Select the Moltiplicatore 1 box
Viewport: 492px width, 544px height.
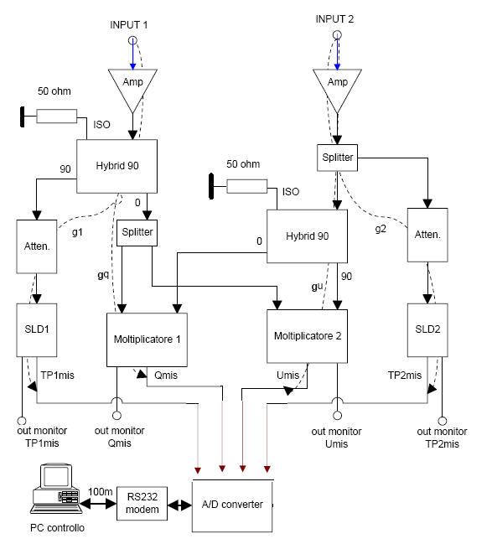(147, 339)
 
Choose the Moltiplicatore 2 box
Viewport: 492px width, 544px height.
(307, 336)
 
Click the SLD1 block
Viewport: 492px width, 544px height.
(36, 330)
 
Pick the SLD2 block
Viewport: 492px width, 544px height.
(427, 330)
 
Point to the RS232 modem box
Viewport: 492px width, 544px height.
(142, 504)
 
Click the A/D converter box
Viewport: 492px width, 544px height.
(232, 505)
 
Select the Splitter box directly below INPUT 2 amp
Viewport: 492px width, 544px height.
(337, 158)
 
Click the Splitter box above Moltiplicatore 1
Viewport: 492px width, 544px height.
(137, 233)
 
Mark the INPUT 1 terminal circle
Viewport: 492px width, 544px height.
(132, 40)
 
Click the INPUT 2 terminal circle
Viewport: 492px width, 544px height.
(337, 34)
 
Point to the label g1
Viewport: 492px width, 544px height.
(77, 232)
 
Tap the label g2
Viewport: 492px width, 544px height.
(381, 229)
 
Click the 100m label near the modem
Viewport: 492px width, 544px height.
(101, 492)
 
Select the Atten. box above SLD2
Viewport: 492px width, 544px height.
(427, 235)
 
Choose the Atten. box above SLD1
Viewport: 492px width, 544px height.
(36, 246)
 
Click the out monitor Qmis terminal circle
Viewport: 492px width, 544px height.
(117, 415)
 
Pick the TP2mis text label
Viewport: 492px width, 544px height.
(405, 376)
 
